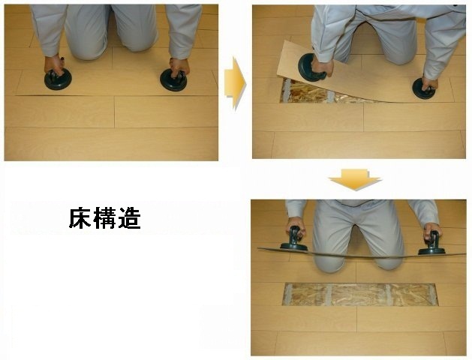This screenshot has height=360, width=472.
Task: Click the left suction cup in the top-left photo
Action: coord(58,79)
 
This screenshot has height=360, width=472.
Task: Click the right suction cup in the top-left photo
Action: coord(173,80)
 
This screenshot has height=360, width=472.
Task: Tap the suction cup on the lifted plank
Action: coord(312,67)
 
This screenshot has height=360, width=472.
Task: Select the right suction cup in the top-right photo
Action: coord(423,88)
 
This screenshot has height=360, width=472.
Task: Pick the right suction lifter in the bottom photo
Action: coord(432,244)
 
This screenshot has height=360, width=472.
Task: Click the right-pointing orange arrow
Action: coord(236,82)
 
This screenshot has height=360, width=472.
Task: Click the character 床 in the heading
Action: coord(80,217)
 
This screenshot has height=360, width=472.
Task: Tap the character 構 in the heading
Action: coord(105,217)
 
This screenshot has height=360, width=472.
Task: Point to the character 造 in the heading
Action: coord(129,217)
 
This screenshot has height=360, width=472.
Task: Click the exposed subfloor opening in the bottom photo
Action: coord(360,295)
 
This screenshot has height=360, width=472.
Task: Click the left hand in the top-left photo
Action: coord(54,64)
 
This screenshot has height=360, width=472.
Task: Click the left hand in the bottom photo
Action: coord(296,226)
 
